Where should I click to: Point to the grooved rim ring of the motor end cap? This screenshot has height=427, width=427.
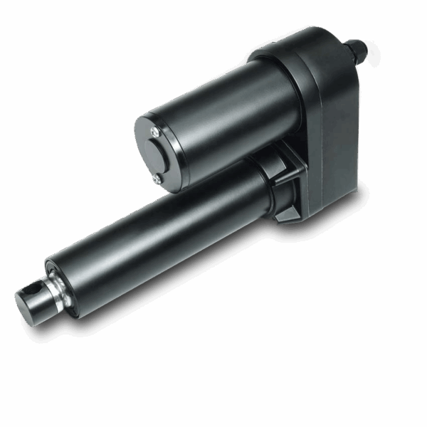(x=142, y=146)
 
